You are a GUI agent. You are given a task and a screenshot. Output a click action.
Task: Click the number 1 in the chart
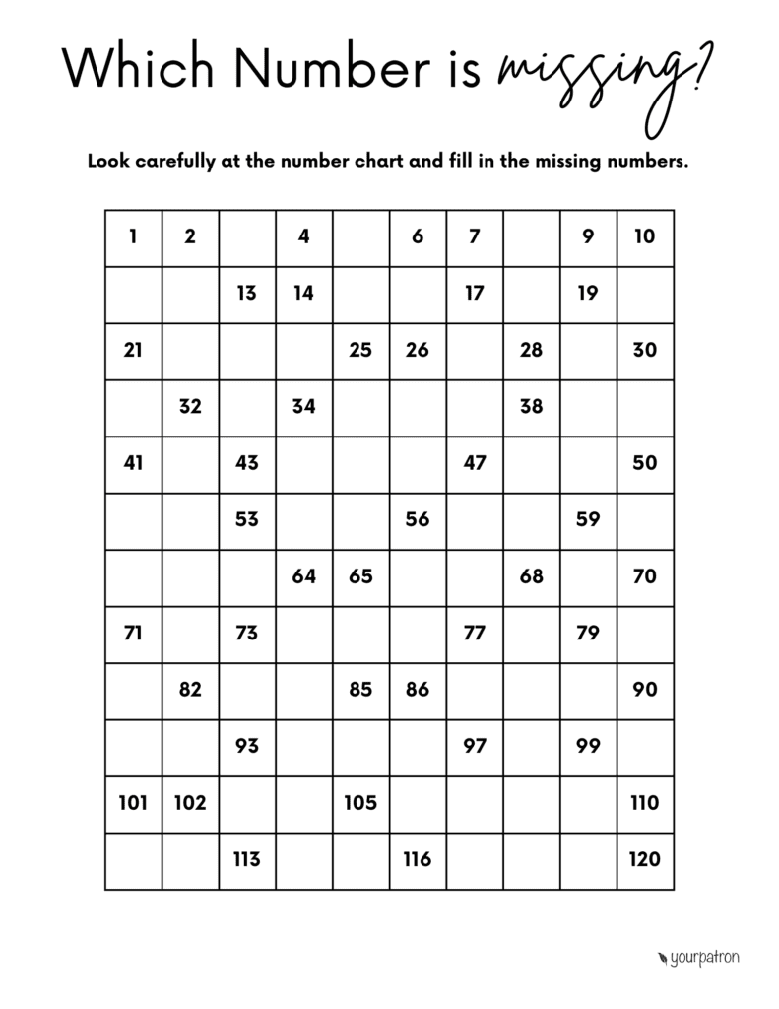pos(133,236)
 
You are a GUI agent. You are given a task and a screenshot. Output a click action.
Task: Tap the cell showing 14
pos(303,293)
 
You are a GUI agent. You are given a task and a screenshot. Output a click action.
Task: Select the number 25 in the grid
pos(360,350)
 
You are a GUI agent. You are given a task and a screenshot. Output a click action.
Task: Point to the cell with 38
pos(531,406)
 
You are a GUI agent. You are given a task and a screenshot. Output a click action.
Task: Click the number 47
pos(475,463)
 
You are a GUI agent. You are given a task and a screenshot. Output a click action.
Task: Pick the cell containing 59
pos(588,519)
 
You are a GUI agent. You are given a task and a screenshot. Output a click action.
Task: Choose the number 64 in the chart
pos(303,576)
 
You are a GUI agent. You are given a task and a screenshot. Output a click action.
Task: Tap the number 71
pos(133,633)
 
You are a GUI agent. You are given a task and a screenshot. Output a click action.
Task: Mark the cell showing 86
pos(418,690)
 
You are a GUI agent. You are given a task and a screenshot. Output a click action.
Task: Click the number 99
pos(588,746)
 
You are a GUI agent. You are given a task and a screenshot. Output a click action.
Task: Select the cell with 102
pos(190,803)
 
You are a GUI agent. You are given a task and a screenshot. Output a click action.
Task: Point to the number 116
pos(418,859)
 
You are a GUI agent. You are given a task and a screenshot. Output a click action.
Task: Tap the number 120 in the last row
pos(644,859)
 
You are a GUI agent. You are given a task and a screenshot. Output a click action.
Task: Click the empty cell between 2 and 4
pos(247,236)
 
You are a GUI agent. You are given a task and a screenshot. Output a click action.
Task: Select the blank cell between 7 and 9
pos(531,236)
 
